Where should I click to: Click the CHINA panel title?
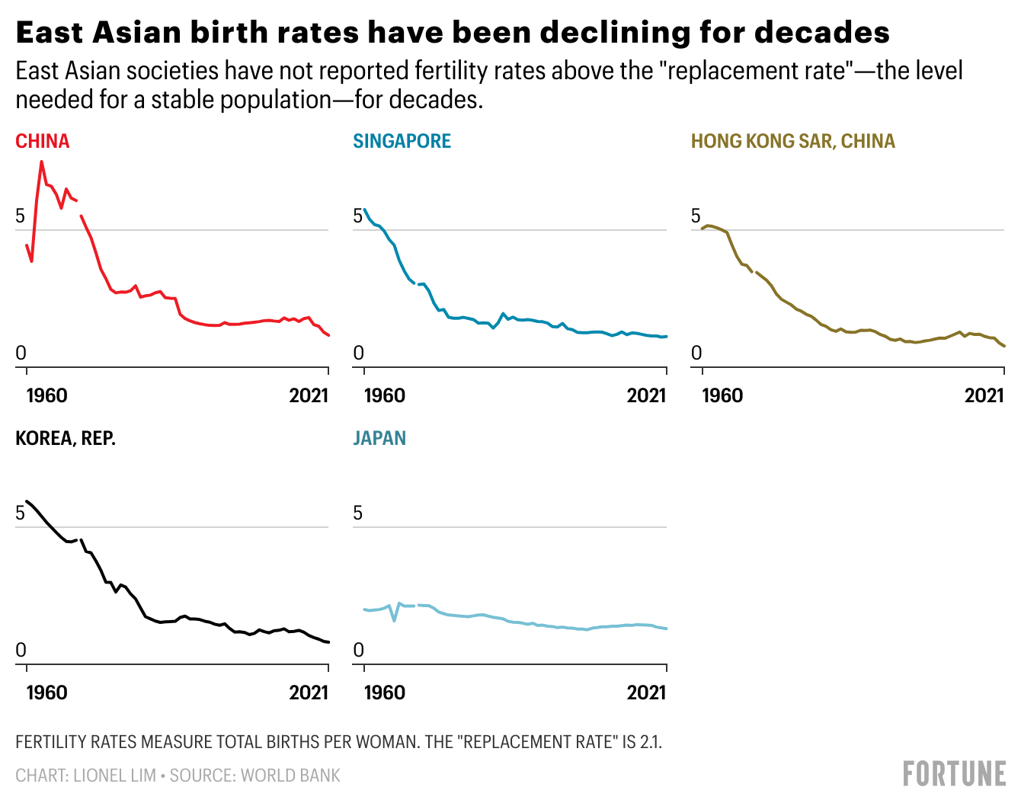pos(43,142)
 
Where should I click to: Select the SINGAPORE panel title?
pos(402,142)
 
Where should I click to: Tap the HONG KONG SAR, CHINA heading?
pos(792,142)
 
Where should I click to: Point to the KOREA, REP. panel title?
pos(66,439)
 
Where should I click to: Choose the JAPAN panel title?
pos(379,439)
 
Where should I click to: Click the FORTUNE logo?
pos(954,774)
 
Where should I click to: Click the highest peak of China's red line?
pos(41,162)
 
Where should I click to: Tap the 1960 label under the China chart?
pos(46,395)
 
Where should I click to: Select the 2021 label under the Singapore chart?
pos(646,395)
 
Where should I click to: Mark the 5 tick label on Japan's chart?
pos(358,513)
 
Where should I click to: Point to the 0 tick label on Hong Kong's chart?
pos(696,353)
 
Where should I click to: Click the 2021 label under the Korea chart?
pos(309,692)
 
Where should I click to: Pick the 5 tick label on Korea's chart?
pos(21,513)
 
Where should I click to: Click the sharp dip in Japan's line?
pos(394,620)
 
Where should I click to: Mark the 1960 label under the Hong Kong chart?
pos(722,395)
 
